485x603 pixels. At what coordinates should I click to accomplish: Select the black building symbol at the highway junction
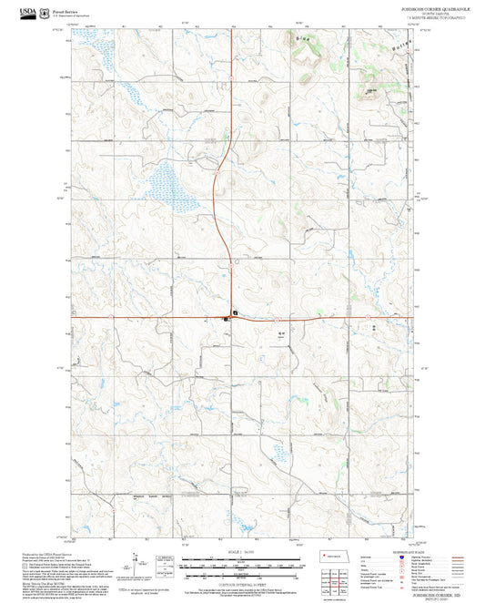tap(235, 312)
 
